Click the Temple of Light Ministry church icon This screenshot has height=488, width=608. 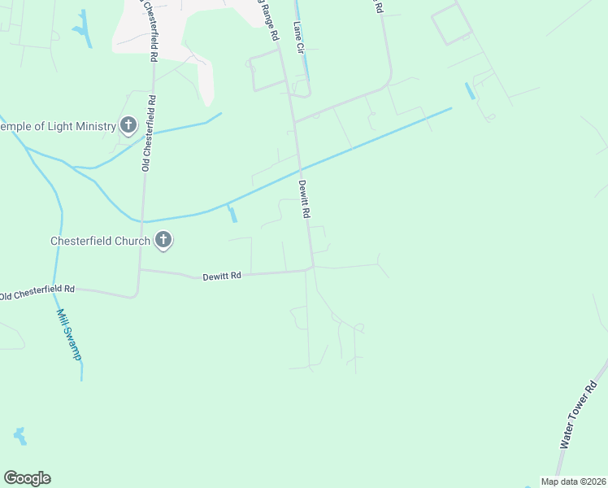pyautogui.click(x=128, y=125)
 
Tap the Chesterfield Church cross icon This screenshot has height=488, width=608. pyautogui.click(x=163, y=240)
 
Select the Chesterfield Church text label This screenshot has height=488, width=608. pyautogui.click(x=100, y=241)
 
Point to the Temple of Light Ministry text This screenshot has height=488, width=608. pyautogui.click(x=59, y=126)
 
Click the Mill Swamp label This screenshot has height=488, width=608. pyautogui.click(x=69, y=333)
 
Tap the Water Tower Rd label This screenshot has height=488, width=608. pyautogui.click(x=579, y=416)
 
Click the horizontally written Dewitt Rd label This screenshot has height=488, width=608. pyautogui.click(x=222, y=277)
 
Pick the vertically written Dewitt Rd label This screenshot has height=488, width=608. pyautogui.click(x=306, y=199)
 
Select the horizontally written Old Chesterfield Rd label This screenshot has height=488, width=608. pyautogui.click(x=37, y=291)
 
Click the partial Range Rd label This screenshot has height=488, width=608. pyautogui.click(x=269, y=20)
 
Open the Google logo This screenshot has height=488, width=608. pyautogui.click(x=27, y=478)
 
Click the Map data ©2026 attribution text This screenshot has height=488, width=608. pyautogui.click(x=573, y=481)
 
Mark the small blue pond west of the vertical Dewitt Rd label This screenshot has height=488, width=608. pyautogui.click(x=233, y=215)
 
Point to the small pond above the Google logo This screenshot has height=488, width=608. pyautogui.click(x=20, y=436)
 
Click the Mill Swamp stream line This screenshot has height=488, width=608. pyautogui.click(x=59, y=244)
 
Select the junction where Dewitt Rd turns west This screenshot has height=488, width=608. pyautogui.click(x=311, y=268)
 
